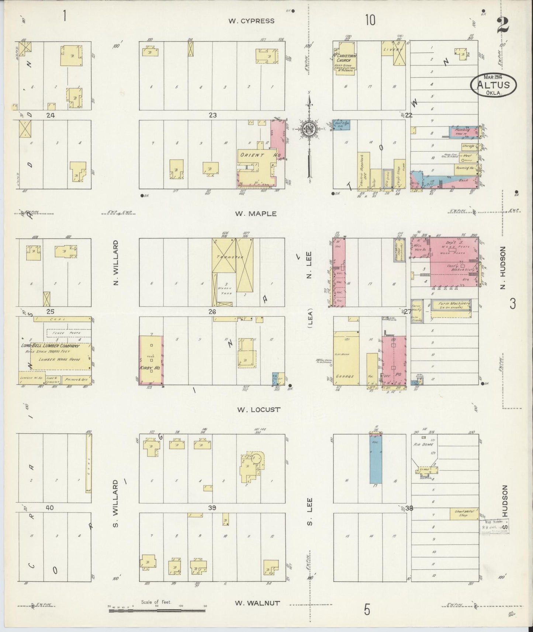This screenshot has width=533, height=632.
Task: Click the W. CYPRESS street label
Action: coord(251,21)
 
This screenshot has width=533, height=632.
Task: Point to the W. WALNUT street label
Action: coord(257,603)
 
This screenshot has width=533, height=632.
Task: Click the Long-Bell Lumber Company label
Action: coord(50,346)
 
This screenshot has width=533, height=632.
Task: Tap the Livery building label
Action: coord(389,49)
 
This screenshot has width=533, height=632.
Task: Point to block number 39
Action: coord(212,508)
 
